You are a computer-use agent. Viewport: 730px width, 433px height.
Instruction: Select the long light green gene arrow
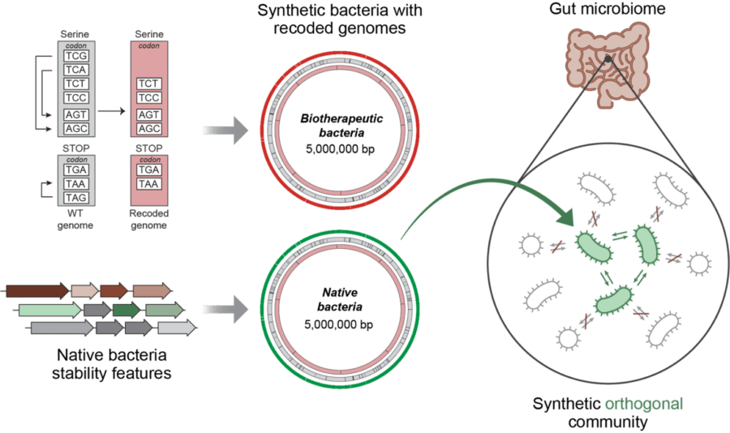pos(49,310)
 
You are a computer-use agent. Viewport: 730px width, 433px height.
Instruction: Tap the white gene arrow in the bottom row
pos(177,328)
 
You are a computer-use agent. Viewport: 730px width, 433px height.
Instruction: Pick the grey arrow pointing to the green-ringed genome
pos(225,307)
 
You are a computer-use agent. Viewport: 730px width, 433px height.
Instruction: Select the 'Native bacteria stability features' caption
pos(113,365)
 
